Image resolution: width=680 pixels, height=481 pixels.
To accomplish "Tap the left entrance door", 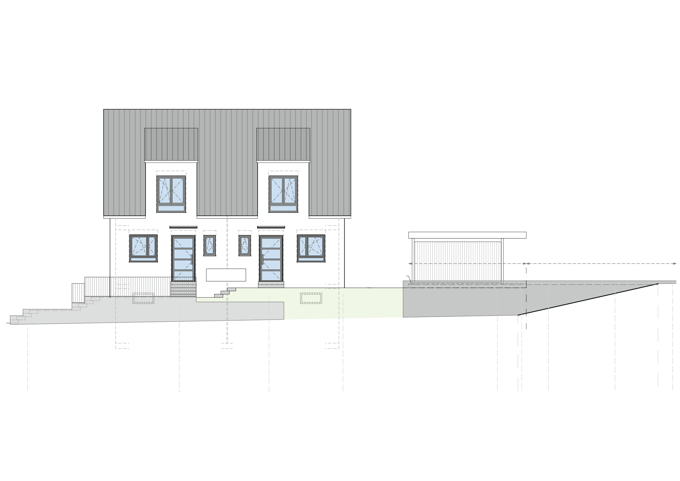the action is pyautogui.click(x=183, y=258).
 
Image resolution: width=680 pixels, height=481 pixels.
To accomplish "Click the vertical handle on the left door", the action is pyautogui.click(x=192, y=259).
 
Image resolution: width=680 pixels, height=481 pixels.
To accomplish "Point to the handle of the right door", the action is pyautogui.click(x=262, y=259).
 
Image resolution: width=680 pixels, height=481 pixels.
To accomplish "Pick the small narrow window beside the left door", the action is pyautogui.click(x=209, y=246).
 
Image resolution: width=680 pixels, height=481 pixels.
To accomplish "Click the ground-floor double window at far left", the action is pyautogui.click(x=143, y=248).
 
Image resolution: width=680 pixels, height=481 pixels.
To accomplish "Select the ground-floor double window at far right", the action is pyautogui.click(x=311, y=248).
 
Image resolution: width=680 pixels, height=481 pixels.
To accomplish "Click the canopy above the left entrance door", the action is pyautogui.click(x=183, y=227).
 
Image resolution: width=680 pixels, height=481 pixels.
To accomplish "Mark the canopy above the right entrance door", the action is pyautogui.click(x=271, y=227).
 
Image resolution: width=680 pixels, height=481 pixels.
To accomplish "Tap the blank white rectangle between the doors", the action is pyautogui.click(x=226, y=275).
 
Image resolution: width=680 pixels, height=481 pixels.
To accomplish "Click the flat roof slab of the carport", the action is pyautogui.click(x=467, y=235).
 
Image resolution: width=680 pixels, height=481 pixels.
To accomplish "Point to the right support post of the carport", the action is pyautogui.click(x=502, y=261).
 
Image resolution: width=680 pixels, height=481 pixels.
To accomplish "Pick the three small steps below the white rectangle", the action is pyautogui.click(x=225, y=292).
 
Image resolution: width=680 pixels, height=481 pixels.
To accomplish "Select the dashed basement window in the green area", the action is pyautogui.click(x=311, y=298).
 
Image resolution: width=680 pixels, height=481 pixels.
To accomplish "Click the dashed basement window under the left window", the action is pyautogui.click(x=143, y=298).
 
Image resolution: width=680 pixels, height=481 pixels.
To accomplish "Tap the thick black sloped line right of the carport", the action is pyautogui.click(x=588, y=299).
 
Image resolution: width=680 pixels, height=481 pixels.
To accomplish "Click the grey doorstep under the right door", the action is pyautogui.click(x=271, y=284).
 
